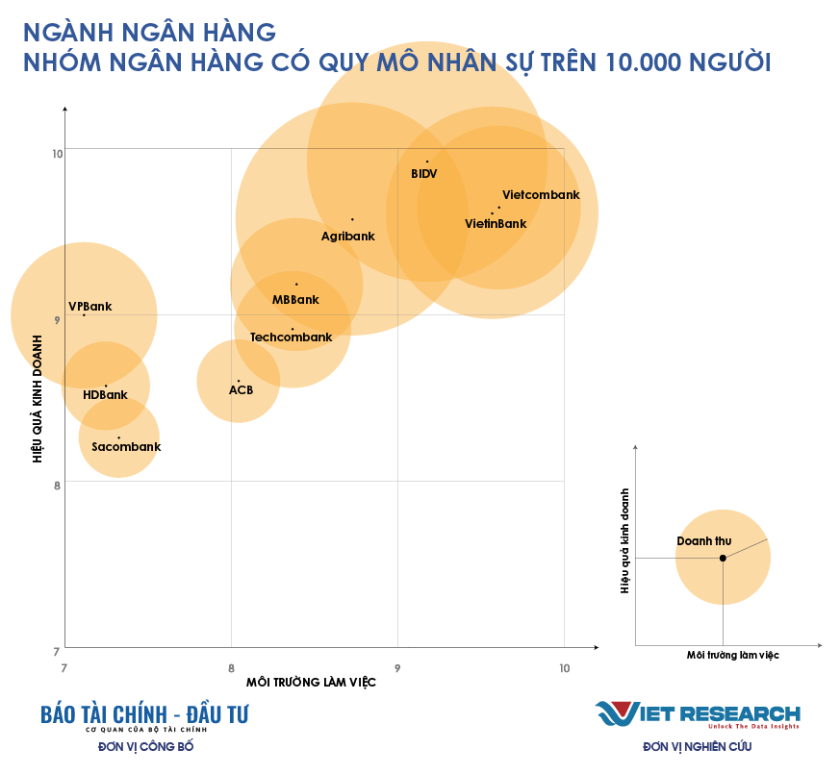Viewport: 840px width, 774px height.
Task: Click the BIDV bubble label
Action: (x=423, y=174)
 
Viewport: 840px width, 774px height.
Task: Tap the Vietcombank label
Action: (x=541, y=195)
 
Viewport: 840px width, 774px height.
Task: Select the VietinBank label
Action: (x=496, y=224)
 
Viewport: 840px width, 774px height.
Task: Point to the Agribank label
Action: (x=347, y=236)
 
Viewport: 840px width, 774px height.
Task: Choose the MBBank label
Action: (x=295, y=300)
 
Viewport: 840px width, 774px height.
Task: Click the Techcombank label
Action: (x=291, y=337)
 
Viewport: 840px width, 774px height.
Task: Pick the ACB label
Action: (x=241, y=390)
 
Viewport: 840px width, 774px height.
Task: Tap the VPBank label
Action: (x=89, y=307)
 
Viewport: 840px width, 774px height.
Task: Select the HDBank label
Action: (x=105, y=395)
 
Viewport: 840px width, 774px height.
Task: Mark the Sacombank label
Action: (x=126, y=447)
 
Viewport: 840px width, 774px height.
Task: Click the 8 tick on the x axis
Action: (x=231, y=668)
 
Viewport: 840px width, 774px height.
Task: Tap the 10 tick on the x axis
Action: (x=564, y=668)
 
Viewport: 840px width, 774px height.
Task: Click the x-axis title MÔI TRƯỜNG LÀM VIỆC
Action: (x=311, y=683)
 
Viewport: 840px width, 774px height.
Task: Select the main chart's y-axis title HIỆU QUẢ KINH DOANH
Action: (x=38, y=398)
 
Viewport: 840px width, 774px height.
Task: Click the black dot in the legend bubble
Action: (x=723, y=558)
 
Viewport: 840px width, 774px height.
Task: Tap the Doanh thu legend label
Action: (x=703, y=541)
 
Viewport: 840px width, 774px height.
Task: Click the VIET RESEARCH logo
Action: (x=698, y=714)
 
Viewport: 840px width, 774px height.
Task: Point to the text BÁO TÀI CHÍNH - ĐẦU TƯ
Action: (x=144, y=714)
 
